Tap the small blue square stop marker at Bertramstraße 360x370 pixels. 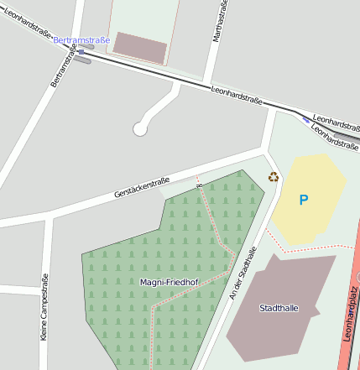point(81,52)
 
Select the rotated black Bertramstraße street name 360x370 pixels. point(63,66)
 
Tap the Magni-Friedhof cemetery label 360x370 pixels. point(168,283)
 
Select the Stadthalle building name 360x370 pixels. point(279,308)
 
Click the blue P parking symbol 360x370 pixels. point(304,200)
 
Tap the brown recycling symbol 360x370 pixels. point(273,177)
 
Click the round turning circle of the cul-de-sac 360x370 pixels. point(140,128)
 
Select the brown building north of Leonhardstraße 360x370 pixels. point(139,48)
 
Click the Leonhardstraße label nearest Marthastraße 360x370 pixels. point(237,95)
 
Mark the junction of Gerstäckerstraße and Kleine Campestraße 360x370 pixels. point(49,216)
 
